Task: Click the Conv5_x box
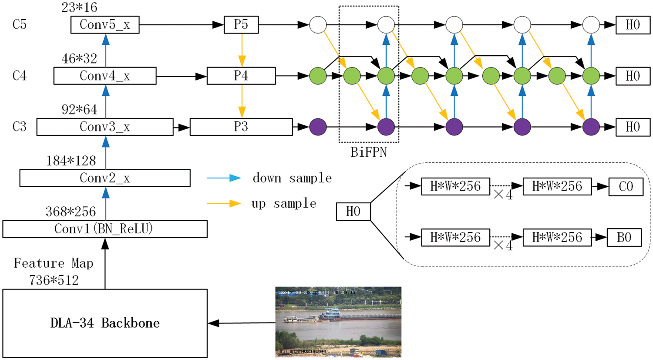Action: coord(105,25)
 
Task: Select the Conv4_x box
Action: coord(105,76)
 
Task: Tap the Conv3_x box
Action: coord(105,127)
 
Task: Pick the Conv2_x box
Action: coord(105,178)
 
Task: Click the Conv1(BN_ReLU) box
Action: coord(105,229)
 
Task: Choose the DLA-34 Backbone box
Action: coord(105,323)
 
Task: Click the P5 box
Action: coord(241,25)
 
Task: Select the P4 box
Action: coord(241,76)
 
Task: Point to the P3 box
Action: coord(241,127)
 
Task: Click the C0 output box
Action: coord(626,187)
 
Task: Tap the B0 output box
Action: coord(624,238)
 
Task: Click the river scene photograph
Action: coord(338,322)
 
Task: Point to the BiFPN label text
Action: coord(369,152)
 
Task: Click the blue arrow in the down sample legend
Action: coord(224,178)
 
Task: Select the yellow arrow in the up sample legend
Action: coord(224,203)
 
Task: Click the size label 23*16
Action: coord(79,7)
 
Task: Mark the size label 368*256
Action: coord(71,212)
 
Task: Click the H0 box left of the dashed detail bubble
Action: coord(353,212)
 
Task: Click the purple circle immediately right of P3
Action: coord(318,127)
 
